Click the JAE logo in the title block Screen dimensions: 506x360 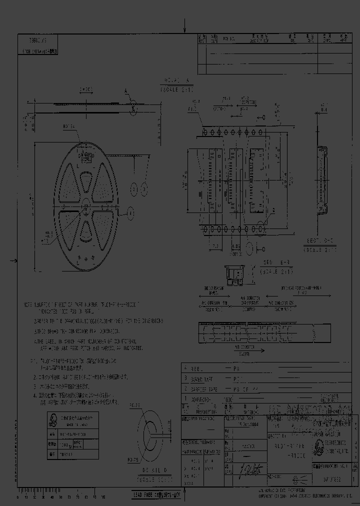(x=318, y=447)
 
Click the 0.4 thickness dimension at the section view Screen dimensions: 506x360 (x=323, y=108)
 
